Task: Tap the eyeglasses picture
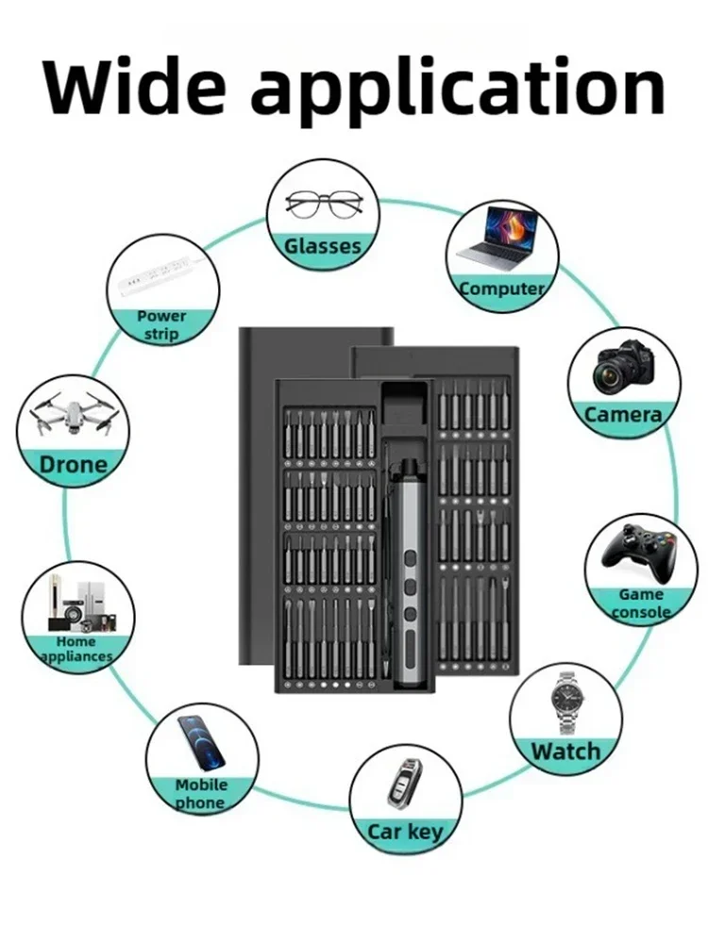(324, 205)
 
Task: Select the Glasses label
(323, 246)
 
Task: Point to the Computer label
(501, 289)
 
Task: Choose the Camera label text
(623, 414)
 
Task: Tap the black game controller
(641, 552)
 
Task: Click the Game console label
(641, 604)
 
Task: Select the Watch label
(565, 752)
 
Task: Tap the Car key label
(405, 833)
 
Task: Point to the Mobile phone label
(201, 794)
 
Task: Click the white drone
(73, 414)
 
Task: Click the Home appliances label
(77, 649)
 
